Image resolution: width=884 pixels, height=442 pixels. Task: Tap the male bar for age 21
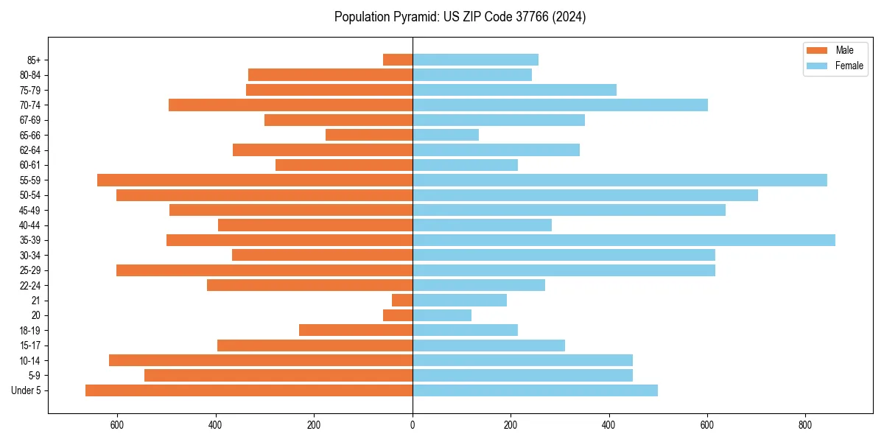click(402, 301)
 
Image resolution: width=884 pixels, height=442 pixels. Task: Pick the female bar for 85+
click(475, 60)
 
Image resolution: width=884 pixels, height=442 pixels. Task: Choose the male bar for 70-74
click(290, 105)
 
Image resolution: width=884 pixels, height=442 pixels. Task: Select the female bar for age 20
click(442, 315)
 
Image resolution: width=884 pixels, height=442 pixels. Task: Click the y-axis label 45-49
click(30, 210)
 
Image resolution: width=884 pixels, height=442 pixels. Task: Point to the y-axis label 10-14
click(30, 360)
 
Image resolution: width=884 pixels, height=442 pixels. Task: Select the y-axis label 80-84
click(30, 75)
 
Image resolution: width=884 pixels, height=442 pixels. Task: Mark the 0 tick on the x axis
click(413, 425)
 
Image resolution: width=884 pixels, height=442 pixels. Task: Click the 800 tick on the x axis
click(805, 425)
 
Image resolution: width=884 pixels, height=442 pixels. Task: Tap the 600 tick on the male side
click(117, 425)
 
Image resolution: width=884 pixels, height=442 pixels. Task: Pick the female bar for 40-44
click(482, 225)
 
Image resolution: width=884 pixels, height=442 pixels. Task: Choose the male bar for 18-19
click(356, 330)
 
